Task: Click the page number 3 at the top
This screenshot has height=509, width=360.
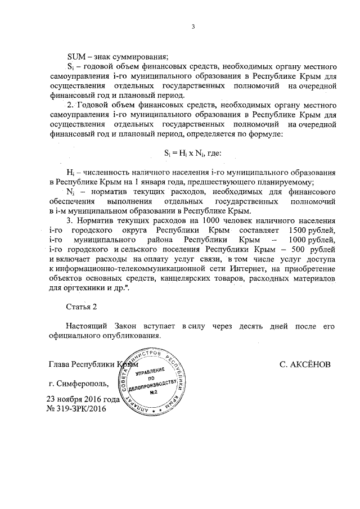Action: click(x=192, y=26)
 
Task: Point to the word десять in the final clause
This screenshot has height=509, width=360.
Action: click(x=243, y=326)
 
